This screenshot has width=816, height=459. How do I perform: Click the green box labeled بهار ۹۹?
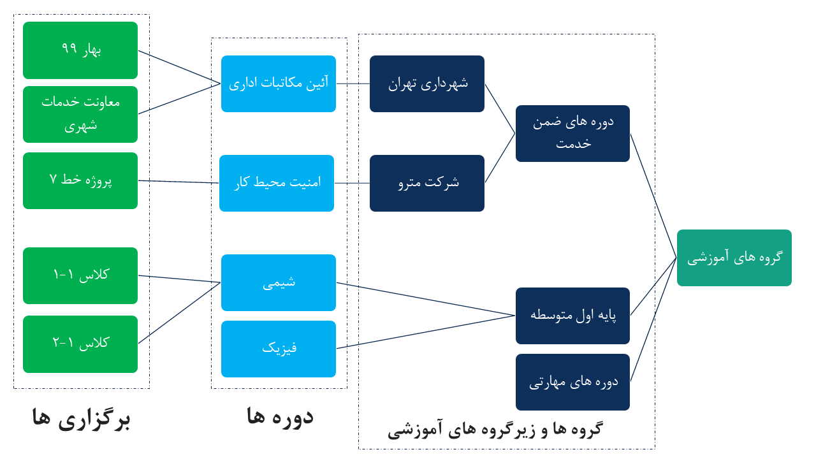pos(80,50)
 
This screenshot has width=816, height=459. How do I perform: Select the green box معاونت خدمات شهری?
pos(80,114)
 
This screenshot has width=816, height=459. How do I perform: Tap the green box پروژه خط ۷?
pos(80,180)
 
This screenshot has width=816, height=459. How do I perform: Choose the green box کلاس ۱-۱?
pos(80,275)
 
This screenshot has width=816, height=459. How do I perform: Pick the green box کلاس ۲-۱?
pos(80,344)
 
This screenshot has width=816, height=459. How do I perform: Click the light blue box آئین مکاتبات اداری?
pos(279,84)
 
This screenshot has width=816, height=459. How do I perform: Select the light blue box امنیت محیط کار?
pos(277,183)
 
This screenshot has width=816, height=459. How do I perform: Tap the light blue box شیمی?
pos(279,282)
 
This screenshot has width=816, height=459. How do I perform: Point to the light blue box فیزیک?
pos(279,349)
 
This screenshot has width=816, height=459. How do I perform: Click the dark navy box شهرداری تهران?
pos(427,84)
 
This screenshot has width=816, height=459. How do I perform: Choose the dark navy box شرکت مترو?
pos(427,183)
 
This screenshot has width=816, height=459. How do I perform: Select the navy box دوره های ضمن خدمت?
pos(572,133)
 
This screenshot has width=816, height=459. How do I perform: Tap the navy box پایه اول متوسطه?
pos(572,316)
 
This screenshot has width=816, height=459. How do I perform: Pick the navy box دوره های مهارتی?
pos(572,382)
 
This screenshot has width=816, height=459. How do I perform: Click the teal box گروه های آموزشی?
pos(734,258)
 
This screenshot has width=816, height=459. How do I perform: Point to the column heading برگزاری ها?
pos(81,419)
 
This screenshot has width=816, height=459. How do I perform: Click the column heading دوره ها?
pos(280,416)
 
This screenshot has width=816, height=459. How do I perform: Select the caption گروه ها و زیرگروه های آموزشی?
pos(495,429)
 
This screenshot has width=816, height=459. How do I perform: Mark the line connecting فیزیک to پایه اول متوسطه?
pos(426,331)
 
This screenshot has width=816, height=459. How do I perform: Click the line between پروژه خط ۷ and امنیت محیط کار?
pos(178,182)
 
